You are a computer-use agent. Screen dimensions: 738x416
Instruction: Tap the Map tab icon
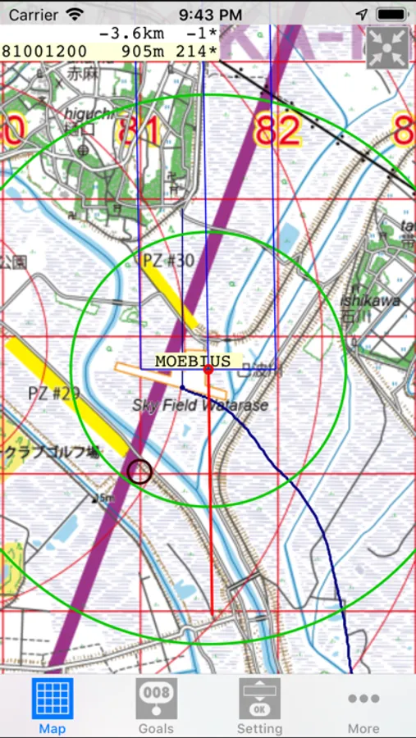coord(52,699)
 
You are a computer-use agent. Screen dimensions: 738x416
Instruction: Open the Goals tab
coord(156,699)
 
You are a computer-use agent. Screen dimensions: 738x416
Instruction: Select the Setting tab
coord(259,699)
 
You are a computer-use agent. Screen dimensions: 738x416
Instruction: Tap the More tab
coord(363,699)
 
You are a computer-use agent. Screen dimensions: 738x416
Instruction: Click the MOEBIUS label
coord(192,361)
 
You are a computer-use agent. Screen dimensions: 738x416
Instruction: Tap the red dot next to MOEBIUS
coord(208,369)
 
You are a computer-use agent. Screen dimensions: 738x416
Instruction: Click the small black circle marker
coord(139,471)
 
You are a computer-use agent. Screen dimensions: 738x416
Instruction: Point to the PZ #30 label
coord(168,261)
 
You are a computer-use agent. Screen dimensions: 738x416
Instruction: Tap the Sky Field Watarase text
coord(200,405)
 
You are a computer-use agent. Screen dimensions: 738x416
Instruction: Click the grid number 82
coord(277,130)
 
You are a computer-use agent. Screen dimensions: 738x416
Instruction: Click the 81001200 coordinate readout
coord(44,51)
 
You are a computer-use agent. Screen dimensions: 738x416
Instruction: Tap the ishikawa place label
coord(370,300)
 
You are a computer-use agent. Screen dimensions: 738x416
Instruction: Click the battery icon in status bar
coord(392,14)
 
